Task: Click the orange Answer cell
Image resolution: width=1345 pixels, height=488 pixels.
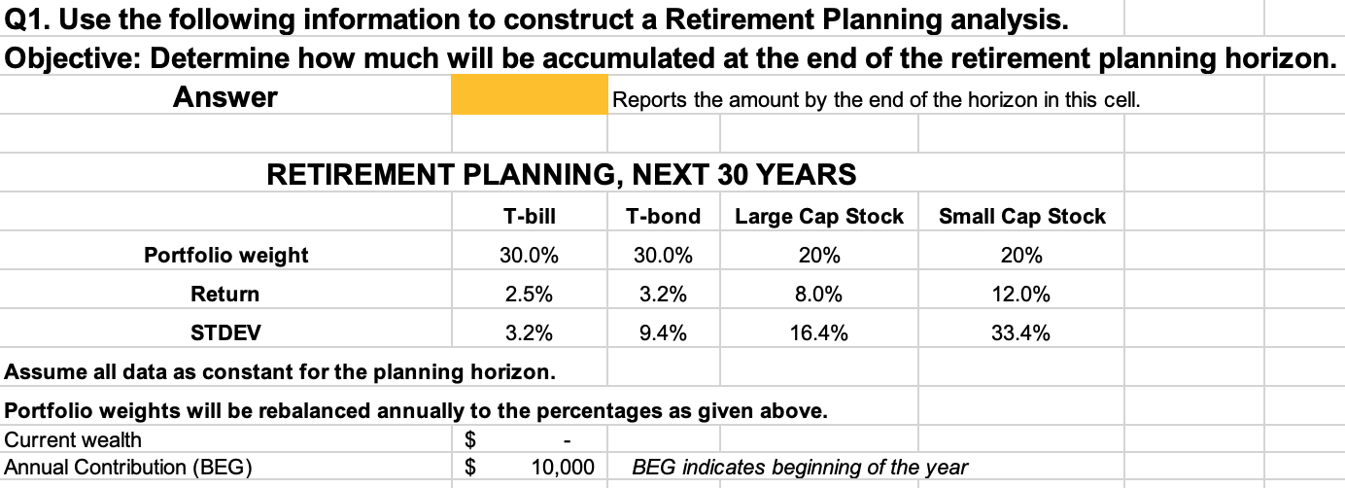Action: pos(529,94)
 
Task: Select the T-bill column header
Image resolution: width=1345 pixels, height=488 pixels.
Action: pos(529,217)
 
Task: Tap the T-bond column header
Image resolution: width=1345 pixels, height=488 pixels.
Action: pos(663,217)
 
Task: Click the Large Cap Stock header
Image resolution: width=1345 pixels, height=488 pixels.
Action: pos(819,217)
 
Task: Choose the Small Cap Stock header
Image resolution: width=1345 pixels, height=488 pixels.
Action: pos(1022,217)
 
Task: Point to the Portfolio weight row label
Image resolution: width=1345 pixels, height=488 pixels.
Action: pos(225,256)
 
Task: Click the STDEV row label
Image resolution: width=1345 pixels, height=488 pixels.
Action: pos(225,332)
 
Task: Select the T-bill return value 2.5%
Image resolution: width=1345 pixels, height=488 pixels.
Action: pos(529,295)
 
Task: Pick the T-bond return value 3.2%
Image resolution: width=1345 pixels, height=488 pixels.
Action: pos(663,295)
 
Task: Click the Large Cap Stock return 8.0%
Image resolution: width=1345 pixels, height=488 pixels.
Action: pos(819,295)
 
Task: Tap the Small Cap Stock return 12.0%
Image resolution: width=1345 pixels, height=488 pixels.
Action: pos(1020,295)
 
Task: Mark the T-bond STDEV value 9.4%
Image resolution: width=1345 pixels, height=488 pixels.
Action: pos(663,332)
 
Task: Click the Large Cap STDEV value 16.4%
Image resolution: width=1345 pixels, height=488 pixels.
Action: pos(819,332)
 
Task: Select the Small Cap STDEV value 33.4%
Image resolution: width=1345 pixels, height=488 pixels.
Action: pos(1020,332)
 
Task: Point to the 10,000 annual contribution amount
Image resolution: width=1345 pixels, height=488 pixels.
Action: pos(563,468)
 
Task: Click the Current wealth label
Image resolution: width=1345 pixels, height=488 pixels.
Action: pos(73,440)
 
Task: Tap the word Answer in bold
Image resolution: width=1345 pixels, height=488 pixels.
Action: pos(225,97)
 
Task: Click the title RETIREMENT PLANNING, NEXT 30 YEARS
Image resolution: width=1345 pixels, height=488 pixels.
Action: pos(562,174)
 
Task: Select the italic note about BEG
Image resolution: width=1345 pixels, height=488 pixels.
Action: pos(800,468)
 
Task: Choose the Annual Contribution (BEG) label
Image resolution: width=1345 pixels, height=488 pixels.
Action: pos(128,468)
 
